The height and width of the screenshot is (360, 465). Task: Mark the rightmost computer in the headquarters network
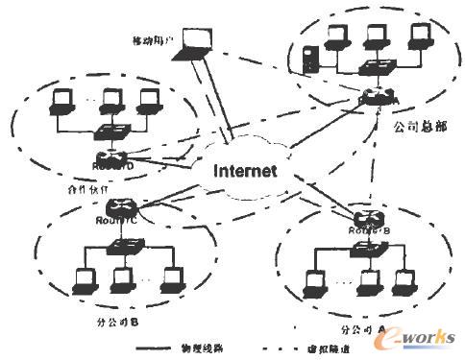pos(420,33)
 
